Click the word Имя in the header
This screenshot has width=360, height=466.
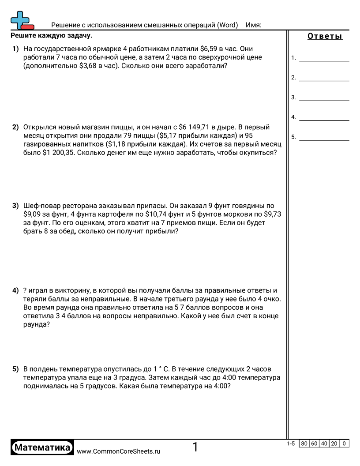tap(253, 25)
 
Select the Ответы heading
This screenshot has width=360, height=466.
tap(325, 37)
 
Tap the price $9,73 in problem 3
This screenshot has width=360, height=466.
tap(272, 214)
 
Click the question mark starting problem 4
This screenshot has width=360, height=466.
tap(25, 290)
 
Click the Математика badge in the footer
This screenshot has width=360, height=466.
tap(42, 447)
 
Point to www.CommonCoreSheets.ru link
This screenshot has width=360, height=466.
tap(118, 451)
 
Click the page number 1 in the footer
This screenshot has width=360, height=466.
tap(195, 447)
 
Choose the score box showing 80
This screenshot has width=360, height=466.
tap(304, 443)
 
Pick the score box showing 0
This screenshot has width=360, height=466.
tap(344, 443)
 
